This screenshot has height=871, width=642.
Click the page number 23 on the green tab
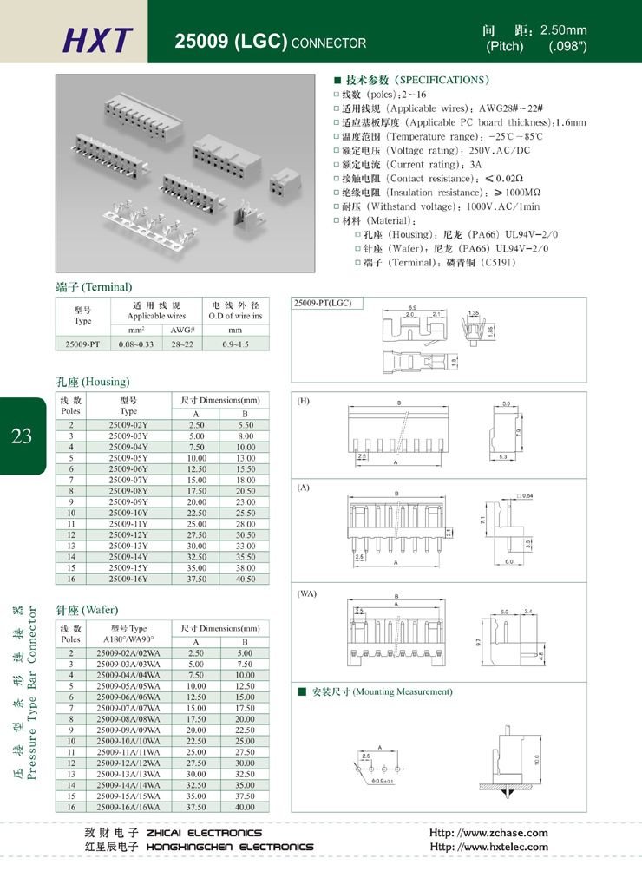coord(22,435)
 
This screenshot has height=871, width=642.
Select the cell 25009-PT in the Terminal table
coord(82,344)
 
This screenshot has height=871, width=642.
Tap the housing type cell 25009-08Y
coord(128,490)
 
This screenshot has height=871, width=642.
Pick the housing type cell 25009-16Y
coord(128,579)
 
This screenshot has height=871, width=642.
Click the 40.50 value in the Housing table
coord(246,579)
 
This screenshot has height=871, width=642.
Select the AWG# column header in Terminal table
coord(181,330)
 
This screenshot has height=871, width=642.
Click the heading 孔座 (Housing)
coord(92,382)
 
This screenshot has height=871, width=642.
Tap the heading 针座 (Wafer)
coord(87,610)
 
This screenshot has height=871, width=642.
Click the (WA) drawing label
coord(307,594)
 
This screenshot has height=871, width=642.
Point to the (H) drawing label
coord(304,402)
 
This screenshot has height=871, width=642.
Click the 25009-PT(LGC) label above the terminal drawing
coord(323,304)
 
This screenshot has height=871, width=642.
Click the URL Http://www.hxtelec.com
coord(489,847)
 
